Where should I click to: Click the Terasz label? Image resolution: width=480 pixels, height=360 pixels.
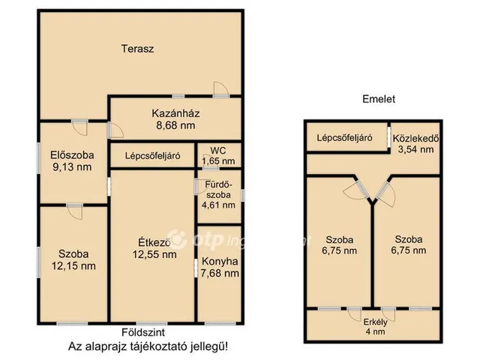point(138,49)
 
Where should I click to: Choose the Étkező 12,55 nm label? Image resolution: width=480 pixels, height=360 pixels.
point(154,247)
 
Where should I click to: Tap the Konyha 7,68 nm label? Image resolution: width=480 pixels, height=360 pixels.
point(220,267)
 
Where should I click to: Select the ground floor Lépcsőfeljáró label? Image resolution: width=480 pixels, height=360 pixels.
point(153,157)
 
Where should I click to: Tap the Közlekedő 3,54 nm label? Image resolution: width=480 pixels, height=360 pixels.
point(415,143)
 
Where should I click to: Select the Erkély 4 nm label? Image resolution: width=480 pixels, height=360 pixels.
point(373,327)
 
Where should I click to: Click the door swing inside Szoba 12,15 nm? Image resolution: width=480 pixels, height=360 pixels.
point(74,211)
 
